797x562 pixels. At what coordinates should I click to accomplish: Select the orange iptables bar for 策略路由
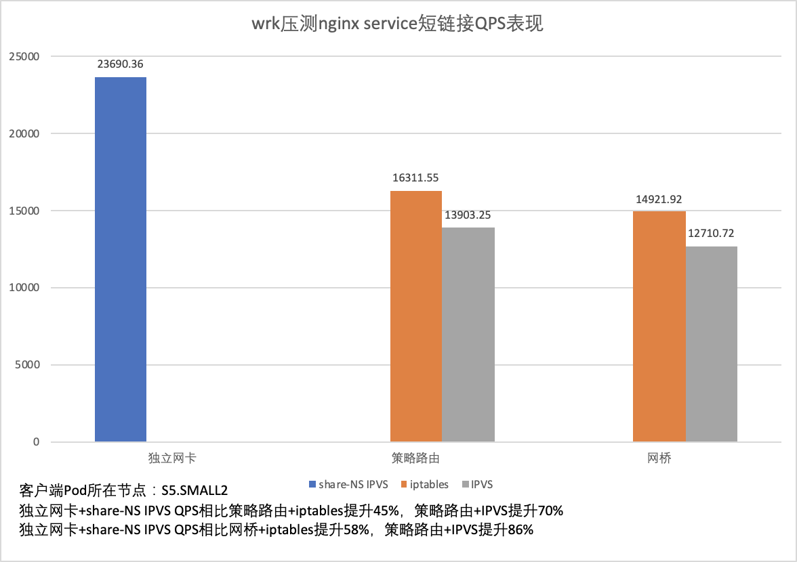416,316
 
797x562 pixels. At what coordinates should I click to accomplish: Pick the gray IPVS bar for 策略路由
468,334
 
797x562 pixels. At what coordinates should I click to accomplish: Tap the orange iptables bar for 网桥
659,326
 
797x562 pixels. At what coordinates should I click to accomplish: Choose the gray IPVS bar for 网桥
711,344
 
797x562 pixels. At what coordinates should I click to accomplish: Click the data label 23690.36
120,64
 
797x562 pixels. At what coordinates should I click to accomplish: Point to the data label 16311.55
415,178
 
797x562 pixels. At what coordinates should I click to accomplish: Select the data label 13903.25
468,215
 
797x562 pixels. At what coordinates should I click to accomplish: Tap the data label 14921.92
658,199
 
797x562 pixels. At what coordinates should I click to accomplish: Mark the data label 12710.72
710,234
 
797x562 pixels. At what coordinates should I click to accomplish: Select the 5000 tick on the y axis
28,365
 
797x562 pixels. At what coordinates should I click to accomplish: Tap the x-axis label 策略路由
415,458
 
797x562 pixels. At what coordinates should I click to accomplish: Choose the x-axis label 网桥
659,458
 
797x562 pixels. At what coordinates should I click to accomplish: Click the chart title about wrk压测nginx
398,25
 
